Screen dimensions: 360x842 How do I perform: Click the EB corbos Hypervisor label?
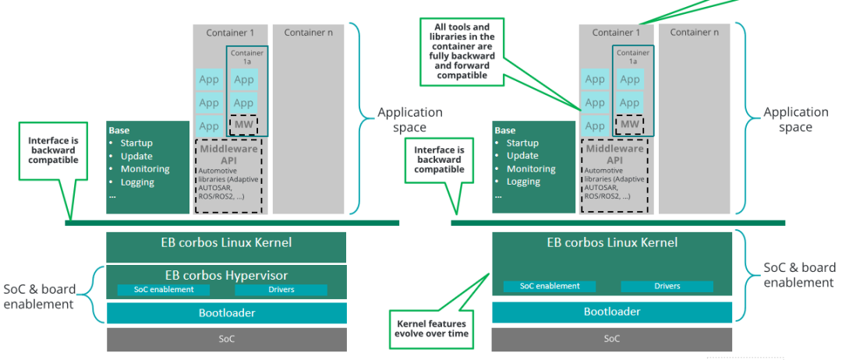(227, 274)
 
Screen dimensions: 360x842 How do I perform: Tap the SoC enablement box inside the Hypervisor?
(163, 290)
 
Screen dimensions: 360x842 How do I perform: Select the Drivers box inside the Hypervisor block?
(281, 290)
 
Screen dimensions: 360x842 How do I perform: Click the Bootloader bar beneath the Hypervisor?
(226, 313)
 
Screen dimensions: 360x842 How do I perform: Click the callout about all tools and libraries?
(462, 51)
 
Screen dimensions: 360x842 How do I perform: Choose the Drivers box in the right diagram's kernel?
(667, 286)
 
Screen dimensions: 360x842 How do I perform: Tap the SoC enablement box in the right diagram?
(550, 286)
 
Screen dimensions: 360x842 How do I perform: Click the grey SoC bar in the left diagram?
(226, 339)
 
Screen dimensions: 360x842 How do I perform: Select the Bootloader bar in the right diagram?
(612, 312)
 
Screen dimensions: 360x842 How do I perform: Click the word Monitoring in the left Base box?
(145, 169)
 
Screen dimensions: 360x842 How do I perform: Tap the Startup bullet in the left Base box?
(136, 143)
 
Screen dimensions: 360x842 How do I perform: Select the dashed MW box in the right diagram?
(629, 124)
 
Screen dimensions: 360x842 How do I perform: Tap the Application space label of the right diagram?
(795, 119)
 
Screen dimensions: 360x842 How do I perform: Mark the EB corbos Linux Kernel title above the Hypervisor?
(226, 242)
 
